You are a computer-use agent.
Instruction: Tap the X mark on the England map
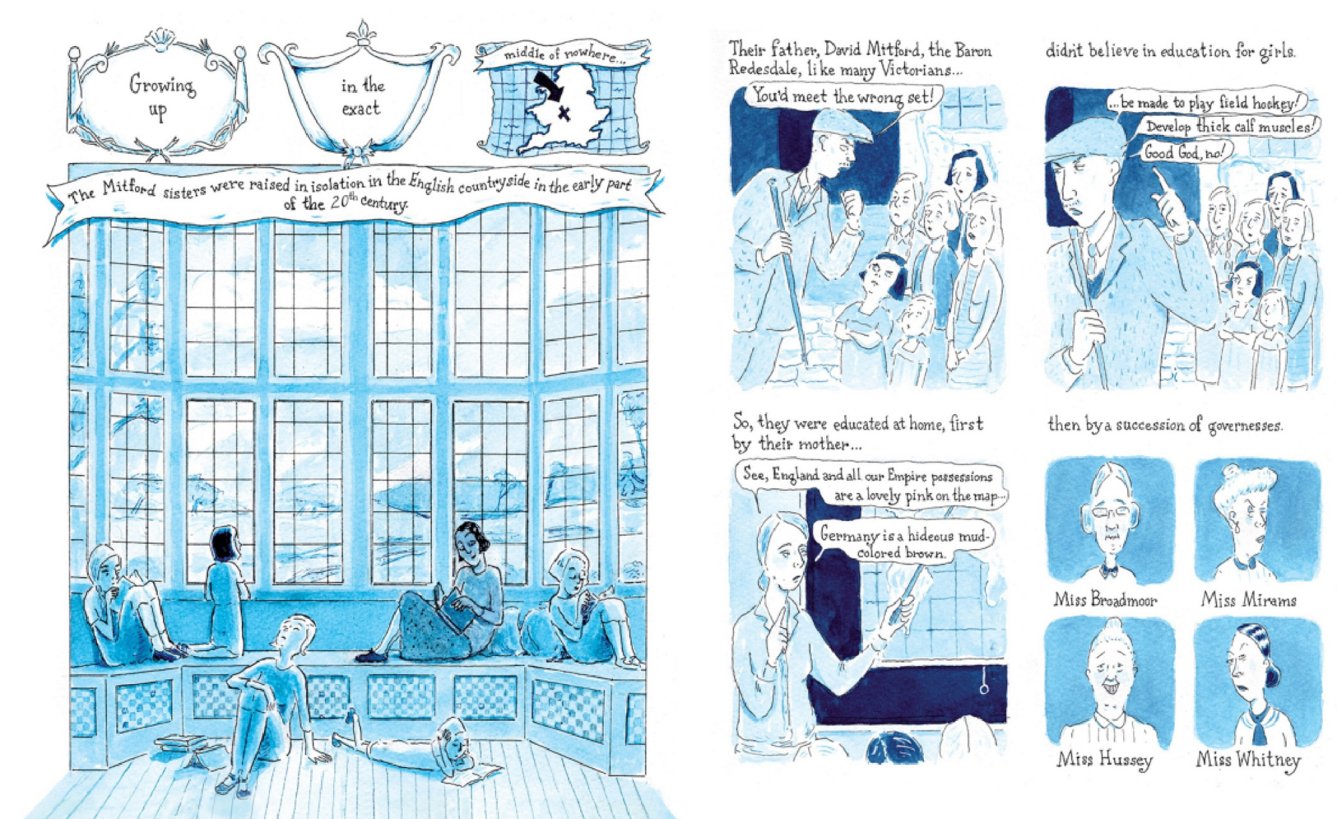click(564, 113)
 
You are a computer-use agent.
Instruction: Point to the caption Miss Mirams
click(1248, 599)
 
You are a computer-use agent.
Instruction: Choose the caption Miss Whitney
click(1248, 760)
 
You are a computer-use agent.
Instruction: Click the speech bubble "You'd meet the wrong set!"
click(844, 98)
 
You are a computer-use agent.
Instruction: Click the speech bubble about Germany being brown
click(904, 543)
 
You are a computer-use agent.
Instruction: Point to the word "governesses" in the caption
click(1245, 426)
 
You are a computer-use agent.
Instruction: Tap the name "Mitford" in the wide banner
click(129, 189)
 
